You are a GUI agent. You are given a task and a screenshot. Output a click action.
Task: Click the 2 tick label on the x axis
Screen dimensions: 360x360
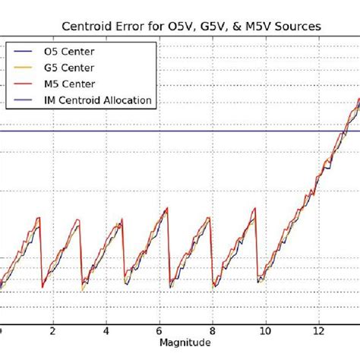[53, 331]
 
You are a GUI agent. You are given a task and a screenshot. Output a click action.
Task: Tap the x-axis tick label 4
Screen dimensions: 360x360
[106, 331]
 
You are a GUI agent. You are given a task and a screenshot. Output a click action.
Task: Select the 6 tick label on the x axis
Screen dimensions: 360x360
[159, 331]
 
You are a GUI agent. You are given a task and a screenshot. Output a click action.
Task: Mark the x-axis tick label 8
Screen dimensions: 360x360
[213, 331]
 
